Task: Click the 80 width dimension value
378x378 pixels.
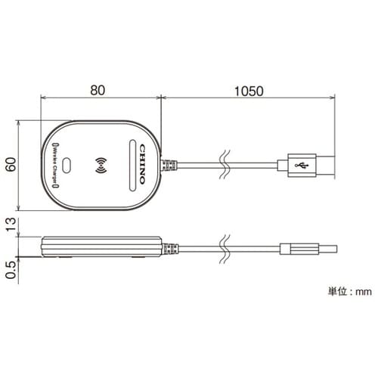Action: pyautogui.click(x=98, y=90)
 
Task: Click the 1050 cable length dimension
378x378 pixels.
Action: pyautogui.click(x=249, y=91)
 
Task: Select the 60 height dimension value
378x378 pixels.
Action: pyautogui.click(x=11, y=164)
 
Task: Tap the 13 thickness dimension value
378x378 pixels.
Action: pyautogui.click(x=11, y=225)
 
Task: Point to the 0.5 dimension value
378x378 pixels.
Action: pyautogui.click(x=11, y=270)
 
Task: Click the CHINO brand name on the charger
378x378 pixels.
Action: pyautogui.click(x=142, y=164)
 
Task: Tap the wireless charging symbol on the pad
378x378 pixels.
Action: pyautogui.click(x=101, y=166)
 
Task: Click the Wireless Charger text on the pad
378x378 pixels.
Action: pyautogui.click(x=54, y=166)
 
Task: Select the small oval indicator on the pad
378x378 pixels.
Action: pyautogui.click(x=67, y=166)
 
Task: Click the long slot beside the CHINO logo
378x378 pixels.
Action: pyautogui.click(x=132, y=166)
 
